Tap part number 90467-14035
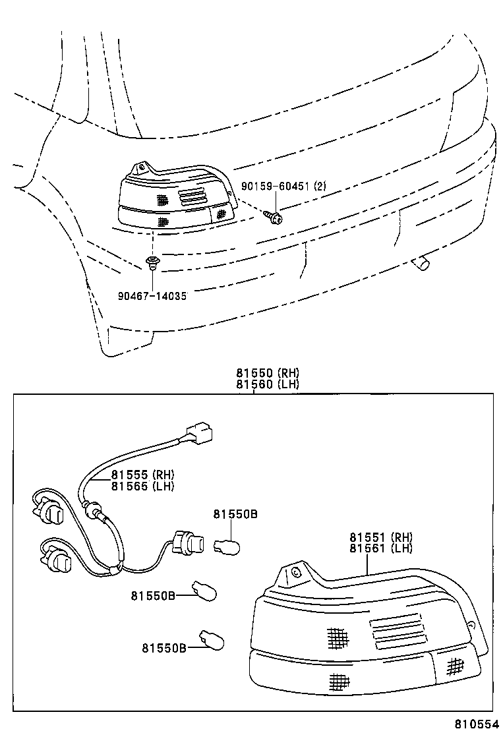152,296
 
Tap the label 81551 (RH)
381,537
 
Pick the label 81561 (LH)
381,548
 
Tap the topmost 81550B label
234,514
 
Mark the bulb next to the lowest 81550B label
213,639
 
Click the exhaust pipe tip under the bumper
419,264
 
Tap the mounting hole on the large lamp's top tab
295,572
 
